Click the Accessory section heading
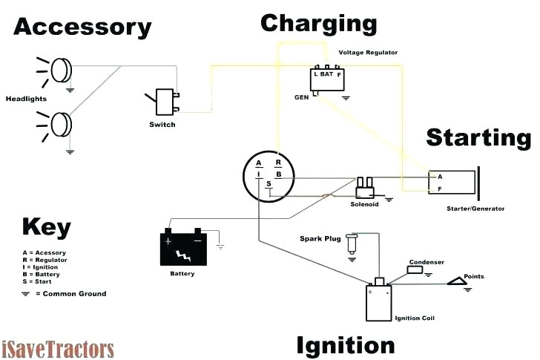(x=82, y=27)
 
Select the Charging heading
(x=319, y=23)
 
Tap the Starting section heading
(x=478, y=137)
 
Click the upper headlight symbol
(x=61, y=71)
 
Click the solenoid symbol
(x=364, y=186)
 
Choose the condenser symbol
(x=415, y=270)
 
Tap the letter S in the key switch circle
(x=270, y=184)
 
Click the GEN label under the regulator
(x=302, y=97)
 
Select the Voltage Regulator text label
(x=369, y=53)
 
